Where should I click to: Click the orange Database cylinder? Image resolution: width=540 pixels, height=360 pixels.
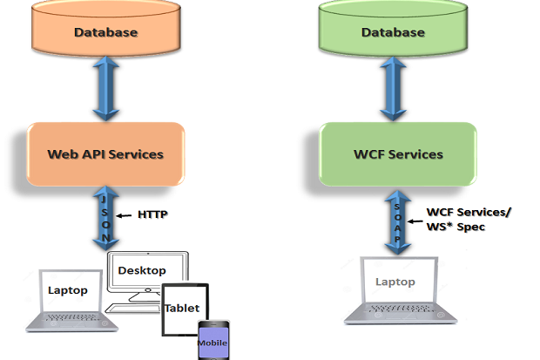[x=104, y=32]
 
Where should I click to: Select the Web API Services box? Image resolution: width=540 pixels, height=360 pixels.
[x=105, y=154]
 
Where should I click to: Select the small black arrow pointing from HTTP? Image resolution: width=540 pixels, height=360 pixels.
[x=124, y=214]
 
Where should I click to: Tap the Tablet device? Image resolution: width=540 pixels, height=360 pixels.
[x=183, y=309]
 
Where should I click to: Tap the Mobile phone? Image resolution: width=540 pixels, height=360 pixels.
[x=213, y=339]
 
